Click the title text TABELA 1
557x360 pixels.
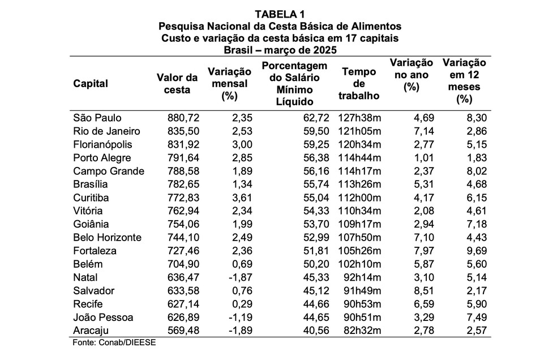tap(279, 14)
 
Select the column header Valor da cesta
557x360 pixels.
tap(177, 83)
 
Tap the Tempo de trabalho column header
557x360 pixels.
tap(359, 83)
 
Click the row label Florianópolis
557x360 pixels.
tap(103, 144)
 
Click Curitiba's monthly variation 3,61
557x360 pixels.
tap(241, 198)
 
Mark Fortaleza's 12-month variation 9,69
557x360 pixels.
tap(475, 251)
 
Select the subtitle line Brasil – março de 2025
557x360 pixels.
tap(280, 50)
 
